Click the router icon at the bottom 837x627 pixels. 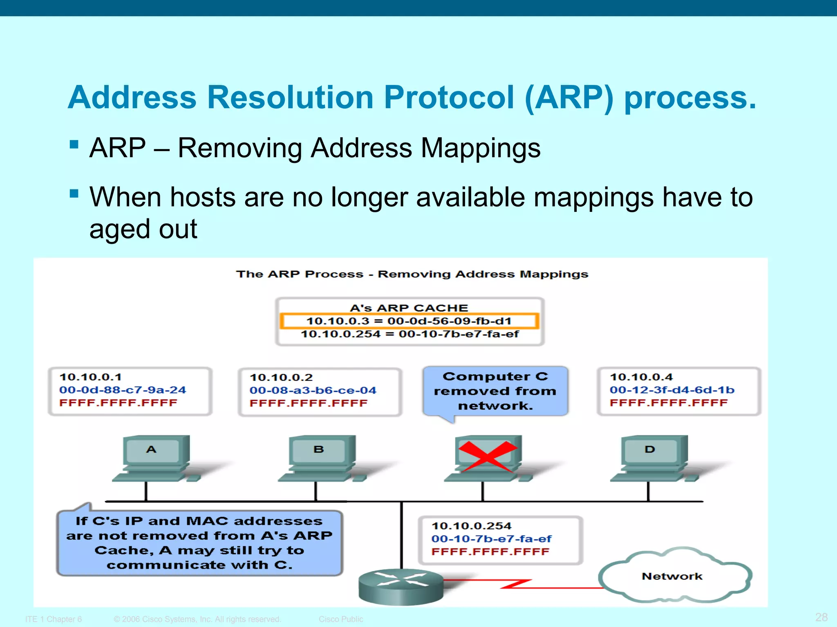(x=401, y=586)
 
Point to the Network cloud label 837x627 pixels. (x=672, y=576)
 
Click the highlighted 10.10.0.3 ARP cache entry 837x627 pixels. (x=409, y=321)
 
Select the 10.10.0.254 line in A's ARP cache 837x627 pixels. (x=410, y=334)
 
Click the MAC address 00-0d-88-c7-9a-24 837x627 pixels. (x=123, y=390)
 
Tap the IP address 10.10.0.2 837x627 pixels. (x=281, y=377)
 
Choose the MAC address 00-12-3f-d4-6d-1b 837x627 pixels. (x=672, y=390)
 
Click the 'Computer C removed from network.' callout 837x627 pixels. (x=495, y=391)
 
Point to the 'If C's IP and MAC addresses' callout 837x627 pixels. (x=199, y=543)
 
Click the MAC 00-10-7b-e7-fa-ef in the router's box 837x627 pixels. (x=491, y=539)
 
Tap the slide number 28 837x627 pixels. (x=821, y=617)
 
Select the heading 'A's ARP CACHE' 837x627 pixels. (x=409, y=308)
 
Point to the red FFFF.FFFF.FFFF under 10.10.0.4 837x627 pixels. (x=669, y=403)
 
